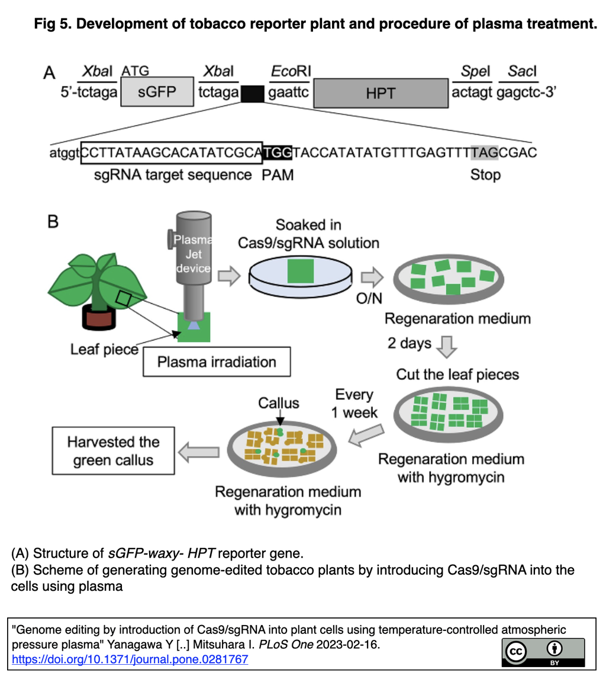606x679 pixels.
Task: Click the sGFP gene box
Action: (157, 92)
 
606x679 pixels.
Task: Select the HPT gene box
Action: (380, 92)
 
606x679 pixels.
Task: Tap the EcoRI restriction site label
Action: (289, 72)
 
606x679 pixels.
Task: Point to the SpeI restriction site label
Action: (472, 72)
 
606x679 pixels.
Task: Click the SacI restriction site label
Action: (521, 72)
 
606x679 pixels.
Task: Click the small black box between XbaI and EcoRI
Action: (253, 94)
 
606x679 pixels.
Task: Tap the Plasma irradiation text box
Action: (217, 361)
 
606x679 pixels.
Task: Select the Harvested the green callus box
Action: (113, 451)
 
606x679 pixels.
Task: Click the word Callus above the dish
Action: (278, 403)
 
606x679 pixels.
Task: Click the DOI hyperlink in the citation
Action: (130, 659)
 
